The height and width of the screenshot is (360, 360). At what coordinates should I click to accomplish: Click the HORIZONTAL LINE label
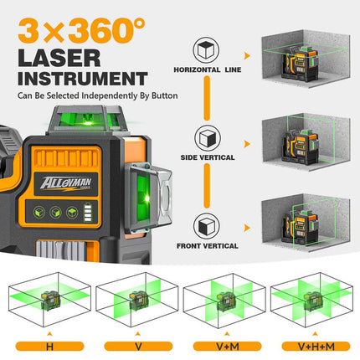click(x=206, y=69)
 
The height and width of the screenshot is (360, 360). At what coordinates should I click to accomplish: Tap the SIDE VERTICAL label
click(x=206, y=157)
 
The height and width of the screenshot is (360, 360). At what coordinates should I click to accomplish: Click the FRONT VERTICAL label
click(x=206, y=246)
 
